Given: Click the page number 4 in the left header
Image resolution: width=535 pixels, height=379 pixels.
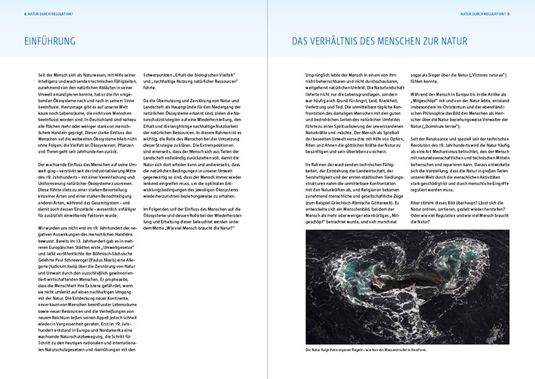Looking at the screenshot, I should (x=25, y=13).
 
